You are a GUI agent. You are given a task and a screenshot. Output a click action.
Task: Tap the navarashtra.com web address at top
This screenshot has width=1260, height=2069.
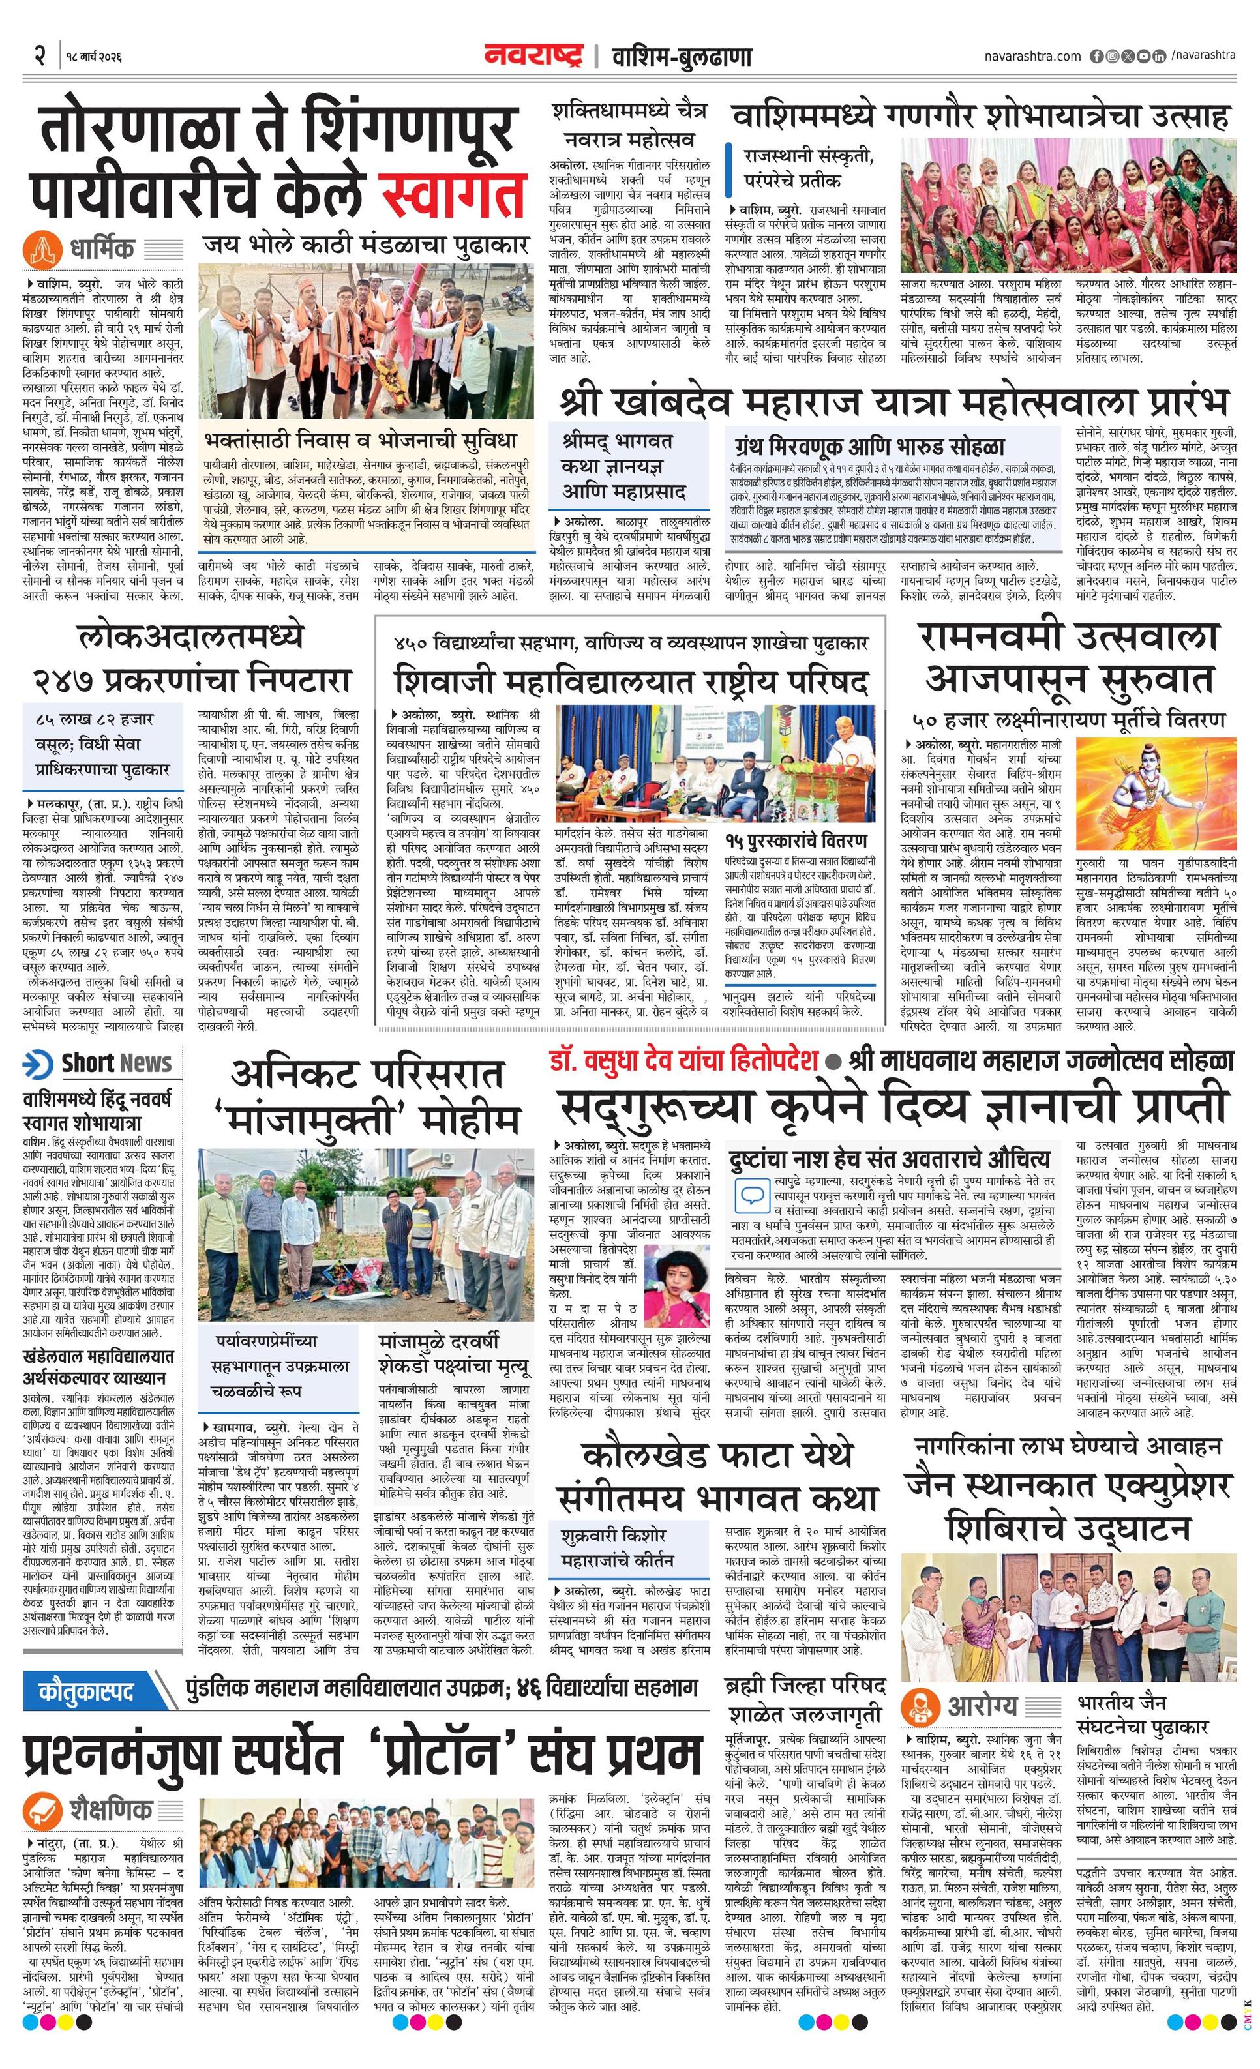(x=1032, y=56)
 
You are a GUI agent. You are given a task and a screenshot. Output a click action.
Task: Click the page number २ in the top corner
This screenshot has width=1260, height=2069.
(x=38, y=57)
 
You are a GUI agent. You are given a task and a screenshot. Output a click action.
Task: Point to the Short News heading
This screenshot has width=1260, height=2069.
(x=116, y=1062)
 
